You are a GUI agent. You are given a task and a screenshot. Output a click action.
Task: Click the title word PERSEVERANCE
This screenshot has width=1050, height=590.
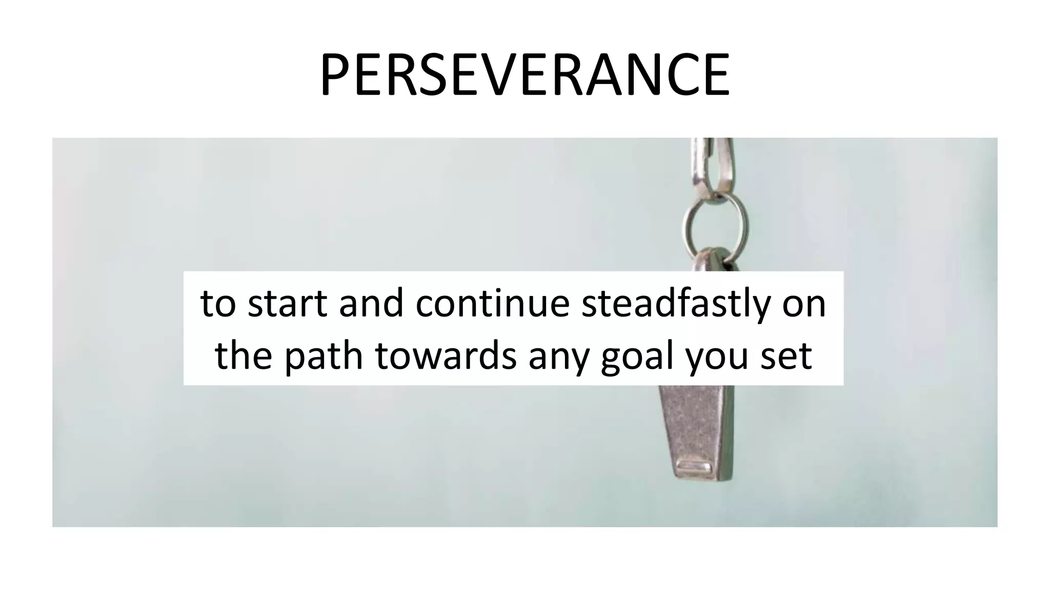[524, 75]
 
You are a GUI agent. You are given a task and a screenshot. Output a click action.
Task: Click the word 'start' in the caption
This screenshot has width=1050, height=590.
[287, 303]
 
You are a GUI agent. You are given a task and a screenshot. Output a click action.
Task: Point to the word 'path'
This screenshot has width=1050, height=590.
[324, 356]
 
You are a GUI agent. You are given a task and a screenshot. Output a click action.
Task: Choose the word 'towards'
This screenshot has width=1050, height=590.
[446, 356]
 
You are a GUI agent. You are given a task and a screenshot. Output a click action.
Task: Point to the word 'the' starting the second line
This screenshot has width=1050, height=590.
[243, 356]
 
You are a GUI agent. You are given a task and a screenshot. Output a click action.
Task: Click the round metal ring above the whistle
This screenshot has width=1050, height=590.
[714, 224]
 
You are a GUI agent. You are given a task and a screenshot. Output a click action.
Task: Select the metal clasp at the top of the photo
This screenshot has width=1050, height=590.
[713, 164]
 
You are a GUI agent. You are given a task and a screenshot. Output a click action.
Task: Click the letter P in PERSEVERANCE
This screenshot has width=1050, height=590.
[335, 75]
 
